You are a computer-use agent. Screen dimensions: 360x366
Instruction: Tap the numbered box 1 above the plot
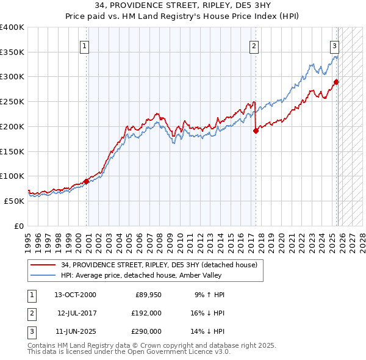click(84, 45)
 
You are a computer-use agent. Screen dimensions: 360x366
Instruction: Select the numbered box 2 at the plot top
click(253, 45)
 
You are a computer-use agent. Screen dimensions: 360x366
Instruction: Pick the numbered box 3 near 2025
click(335, 45)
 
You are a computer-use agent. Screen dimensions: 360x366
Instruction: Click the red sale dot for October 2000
click(87, 181)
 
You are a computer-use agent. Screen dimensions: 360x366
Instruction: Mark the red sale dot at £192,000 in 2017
click(256, 131)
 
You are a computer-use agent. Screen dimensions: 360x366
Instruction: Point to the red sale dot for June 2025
click(336, 82)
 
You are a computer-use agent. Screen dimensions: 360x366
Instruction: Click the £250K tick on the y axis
click(13, 101)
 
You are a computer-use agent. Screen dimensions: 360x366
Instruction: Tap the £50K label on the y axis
click(15, 200)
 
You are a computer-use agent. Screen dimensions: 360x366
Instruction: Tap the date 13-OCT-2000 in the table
click(75, 295)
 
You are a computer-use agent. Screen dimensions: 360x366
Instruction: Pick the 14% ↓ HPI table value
click(207, 331)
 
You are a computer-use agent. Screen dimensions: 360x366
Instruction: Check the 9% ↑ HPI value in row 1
click(209, 295)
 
